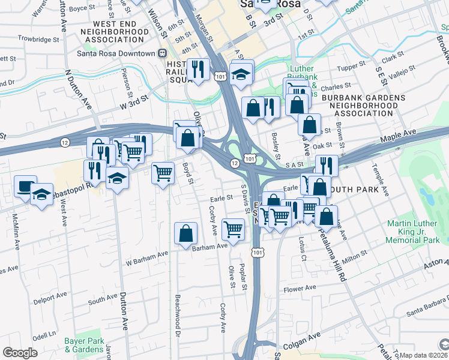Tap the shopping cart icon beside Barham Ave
coord(233,229)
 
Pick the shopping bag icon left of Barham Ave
coord(186,233)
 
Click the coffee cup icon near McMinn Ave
coord(25,187)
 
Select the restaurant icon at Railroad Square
coord(197,69)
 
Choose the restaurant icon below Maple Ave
coord(327,165)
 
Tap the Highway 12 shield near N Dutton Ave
coord(65,142)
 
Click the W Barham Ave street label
coord(146,258)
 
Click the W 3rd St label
coord(134,106)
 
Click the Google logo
coord(20,353)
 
